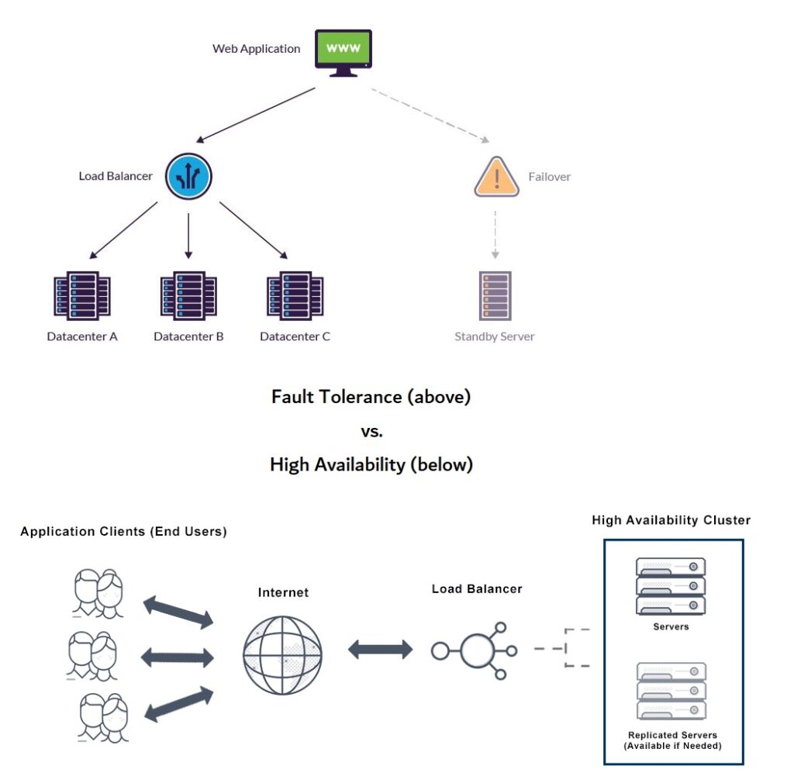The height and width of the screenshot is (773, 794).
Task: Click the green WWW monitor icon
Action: click(x=343, y=52)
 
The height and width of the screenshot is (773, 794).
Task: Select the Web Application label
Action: click(x=256, y=49)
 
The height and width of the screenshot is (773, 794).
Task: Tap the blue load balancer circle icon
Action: click(x=188, y=177)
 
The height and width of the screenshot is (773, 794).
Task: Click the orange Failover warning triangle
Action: click(x=496, y=178)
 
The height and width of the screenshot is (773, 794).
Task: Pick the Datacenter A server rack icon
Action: click(x=82, y=295)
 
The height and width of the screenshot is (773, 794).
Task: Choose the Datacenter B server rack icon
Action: click(x=188, y=295)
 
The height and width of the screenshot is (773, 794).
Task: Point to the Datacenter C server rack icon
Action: click(x=295, y=295)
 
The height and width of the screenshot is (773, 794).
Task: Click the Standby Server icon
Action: click(x=495, y=295)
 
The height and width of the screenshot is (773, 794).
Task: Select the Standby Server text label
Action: click(x=495, y=336)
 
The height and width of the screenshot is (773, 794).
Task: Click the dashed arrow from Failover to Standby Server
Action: click(x=495, y=233)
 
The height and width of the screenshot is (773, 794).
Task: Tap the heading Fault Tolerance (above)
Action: click(x=371, y=397)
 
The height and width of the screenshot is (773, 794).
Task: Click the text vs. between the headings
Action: click(x=371, y=431)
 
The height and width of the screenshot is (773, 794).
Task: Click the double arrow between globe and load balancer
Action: click(x=380, y=650)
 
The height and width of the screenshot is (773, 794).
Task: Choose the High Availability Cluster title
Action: click(x=671, y=520)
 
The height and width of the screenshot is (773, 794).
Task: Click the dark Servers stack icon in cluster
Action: click(x=671, y=585)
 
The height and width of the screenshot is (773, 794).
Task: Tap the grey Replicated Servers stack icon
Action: click(x=671, y=691)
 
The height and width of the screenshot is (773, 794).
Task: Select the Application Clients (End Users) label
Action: click(x=123, y=532)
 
